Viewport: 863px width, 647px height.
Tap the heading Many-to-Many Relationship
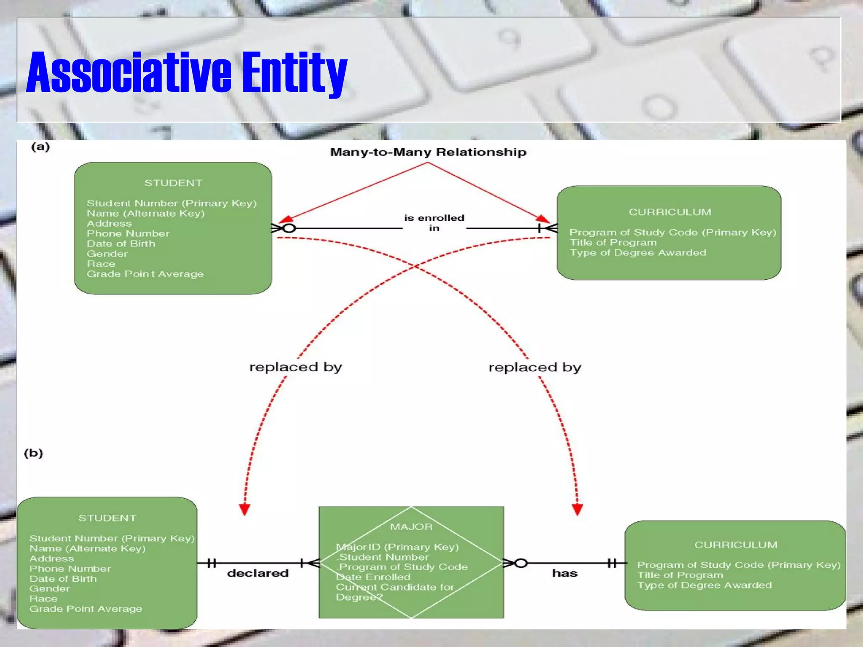(428, 152)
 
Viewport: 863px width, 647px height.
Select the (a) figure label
(40, 147)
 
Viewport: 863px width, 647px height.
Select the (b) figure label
(33, 453)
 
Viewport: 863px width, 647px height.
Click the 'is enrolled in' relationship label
(434, 223)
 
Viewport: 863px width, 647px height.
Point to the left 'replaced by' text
(295, 367)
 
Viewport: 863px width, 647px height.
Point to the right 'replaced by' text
(535, 367)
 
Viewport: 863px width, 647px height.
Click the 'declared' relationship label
(258, 573)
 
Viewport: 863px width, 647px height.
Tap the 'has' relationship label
(565, 573)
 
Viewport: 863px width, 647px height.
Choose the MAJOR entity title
(411, 527)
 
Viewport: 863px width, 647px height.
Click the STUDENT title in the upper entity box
(173, 183)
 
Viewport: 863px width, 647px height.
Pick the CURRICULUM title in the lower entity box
(736, 545)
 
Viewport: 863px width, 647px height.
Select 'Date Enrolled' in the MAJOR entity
(373, 577)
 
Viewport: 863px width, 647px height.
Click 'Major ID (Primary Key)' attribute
(397, 547)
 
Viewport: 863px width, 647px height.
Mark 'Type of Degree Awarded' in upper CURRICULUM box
(638, 253)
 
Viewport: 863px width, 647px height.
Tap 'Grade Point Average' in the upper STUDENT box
(145, 274)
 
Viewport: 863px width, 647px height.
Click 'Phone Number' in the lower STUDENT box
(70, 569)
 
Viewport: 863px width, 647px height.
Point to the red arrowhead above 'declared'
(244, 509)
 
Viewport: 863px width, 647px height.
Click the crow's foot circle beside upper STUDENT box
(289, 228)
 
